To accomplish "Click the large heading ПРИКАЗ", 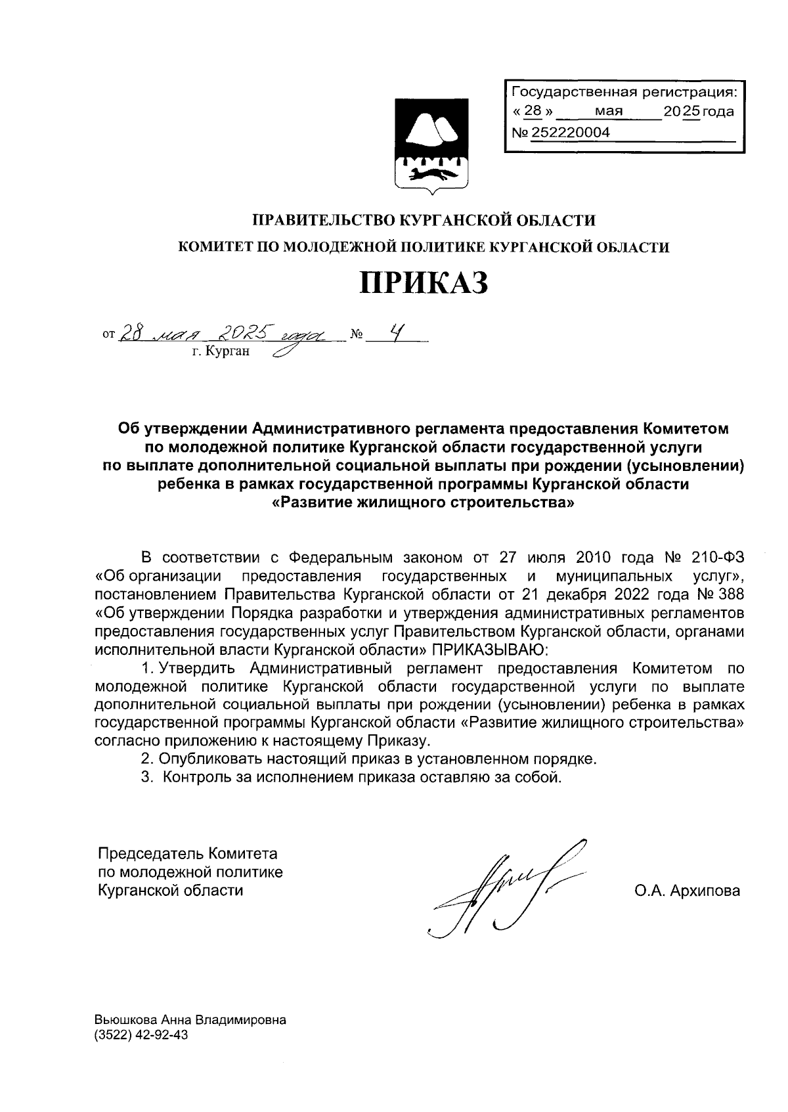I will [424, 283].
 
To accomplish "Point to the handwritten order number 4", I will [394, 334].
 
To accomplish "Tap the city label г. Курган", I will [221, 352].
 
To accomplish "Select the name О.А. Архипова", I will [687, 891].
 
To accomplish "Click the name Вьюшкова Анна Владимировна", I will [190, 1021].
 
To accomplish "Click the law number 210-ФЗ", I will [718, 558].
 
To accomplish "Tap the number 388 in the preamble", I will [730, 595].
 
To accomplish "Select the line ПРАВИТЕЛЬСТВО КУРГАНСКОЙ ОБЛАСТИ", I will [424, 219].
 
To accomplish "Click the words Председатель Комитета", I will [187, 854].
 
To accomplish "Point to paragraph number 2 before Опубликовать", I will [146, 759].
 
